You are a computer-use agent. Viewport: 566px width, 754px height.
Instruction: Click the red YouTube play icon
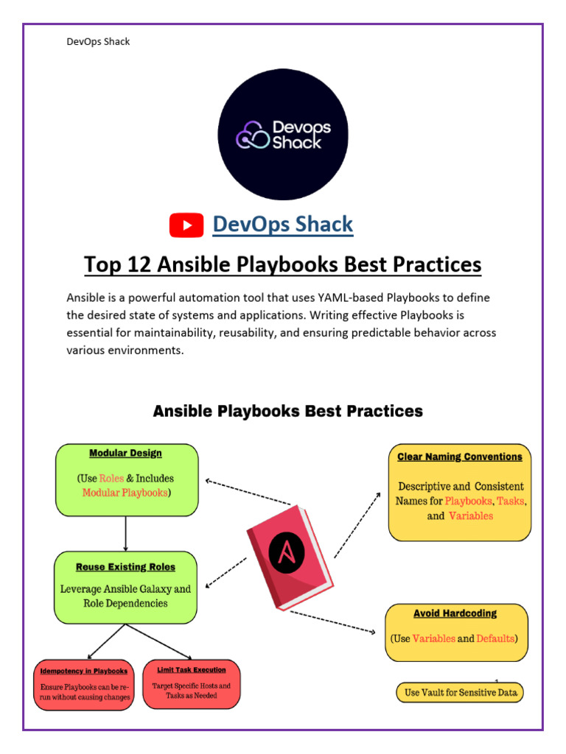(186, 225)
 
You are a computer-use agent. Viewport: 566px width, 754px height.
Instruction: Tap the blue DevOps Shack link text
(282, 225)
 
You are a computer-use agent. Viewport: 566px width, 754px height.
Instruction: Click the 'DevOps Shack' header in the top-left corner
(98, 41)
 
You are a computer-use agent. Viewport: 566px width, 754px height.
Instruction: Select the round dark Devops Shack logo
(283, 134)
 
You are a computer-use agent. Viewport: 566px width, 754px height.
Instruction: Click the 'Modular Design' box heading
(125, 453)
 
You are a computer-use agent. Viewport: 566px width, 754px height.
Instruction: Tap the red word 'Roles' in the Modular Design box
(111, 478)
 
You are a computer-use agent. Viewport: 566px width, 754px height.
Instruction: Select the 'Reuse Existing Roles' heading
(125, 567)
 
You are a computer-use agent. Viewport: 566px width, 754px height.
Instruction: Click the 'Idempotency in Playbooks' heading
(84, 671)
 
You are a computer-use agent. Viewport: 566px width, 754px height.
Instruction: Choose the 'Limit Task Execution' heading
(191, 669)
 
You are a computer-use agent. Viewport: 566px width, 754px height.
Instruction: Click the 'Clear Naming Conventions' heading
(459, 457)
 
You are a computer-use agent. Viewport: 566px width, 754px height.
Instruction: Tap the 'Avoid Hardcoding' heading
(455, 613)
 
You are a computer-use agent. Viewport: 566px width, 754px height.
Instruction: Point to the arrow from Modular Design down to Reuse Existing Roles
(126, 533)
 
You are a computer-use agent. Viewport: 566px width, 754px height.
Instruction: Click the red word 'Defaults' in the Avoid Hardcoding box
(495, 638)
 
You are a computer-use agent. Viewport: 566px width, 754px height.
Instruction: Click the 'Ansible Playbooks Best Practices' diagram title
(287, 411)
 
